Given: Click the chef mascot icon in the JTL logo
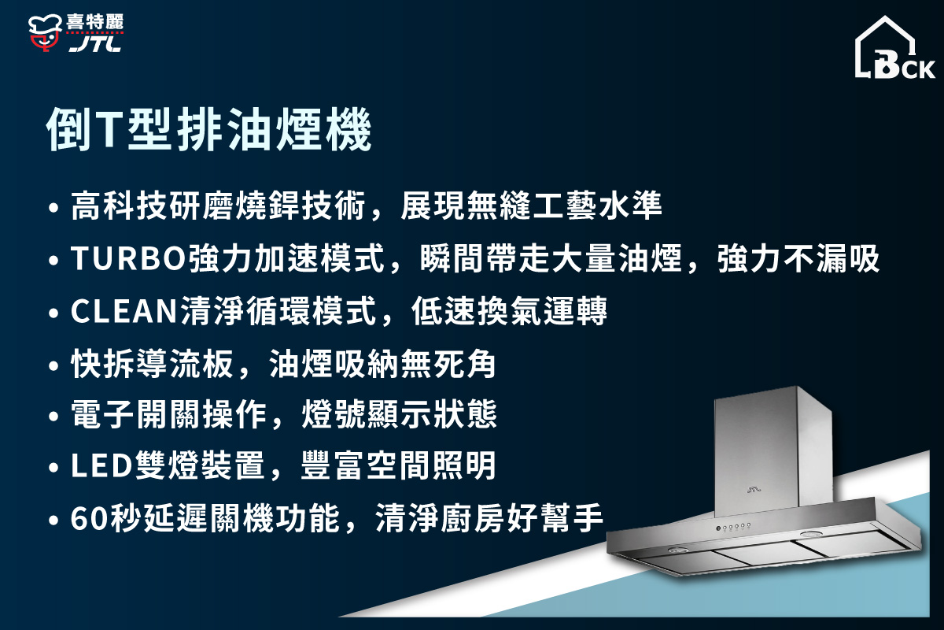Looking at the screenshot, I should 46,32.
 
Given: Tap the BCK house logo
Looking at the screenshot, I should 895,49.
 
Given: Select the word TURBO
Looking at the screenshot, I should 129,259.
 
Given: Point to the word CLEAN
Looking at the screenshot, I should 124,312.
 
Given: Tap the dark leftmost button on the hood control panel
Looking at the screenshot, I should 718,527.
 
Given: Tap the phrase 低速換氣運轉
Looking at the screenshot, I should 510,312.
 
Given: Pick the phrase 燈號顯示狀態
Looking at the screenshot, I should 400,415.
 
